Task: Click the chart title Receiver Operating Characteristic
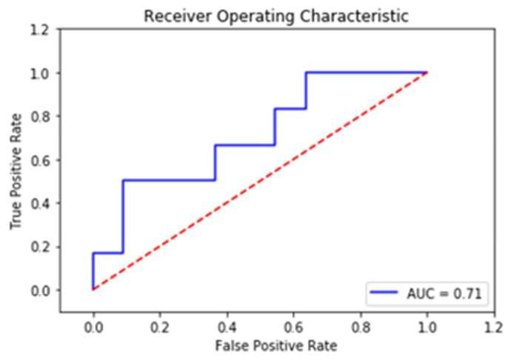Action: click(x=276, y=16)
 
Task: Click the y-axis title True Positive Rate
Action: click(x=16, y=171)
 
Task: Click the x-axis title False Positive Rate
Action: click(x=276, y=346)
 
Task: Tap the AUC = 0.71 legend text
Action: click(x=444, y=293)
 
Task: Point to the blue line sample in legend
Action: click(x=384, y=292)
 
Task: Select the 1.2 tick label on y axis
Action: click(x=40, y=30)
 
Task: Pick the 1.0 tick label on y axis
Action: click(x=40, y=73)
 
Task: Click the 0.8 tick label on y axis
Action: click(x=40, y=117)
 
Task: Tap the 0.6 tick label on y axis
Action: click(x=40, y=160)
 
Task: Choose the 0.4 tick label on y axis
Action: click(x=40, y=204)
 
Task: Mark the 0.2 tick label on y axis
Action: click(x=40, y=247)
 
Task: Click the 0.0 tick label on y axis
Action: click(x=40, y=291)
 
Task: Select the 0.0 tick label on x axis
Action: click(x=93, y=327)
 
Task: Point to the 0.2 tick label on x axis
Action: click(x=160, y=327)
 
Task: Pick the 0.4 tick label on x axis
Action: click(x=227, y=327)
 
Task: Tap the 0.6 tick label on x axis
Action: click(x=293, y=327)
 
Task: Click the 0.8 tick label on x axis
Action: click(x=361, y=327)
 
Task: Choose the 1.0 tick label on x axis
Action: click(x=427, y=327)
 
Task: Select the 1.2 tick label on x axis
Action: click(x=494, y=327)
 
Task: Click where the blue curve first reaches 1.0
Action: click(x=306, y=73)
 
